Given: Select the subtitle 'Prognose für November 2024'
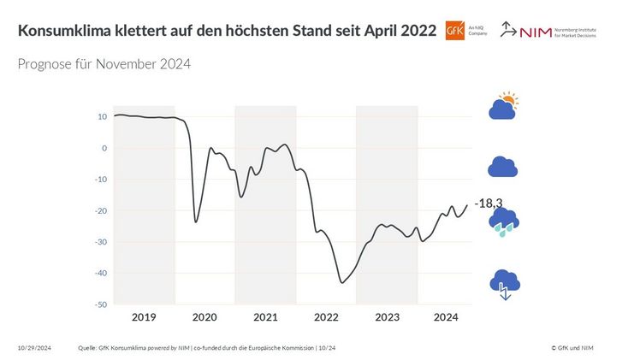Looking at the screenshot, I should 104,64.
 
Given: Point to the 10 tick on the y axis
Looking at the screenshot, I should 102,116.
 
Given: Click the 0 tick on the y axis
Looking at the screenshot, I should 104,148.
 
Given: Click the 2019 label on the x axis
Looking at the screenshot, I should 144,317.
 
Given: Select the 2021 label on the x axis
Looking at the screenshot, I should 265,317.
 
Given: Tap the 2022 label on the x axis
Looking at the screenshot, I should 326,317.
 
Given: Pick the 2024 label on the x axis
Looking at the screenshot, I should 447,317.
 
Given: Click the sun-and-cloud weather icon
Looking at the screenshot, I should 503,107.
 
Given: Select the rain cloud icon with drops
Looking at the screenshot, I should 503,222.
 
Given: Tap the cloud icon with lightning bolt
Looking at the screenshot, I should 503,284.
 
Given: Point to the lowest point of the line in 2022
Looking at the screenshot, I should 342,282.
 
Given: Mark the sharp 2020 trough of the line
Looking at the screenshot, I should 196,222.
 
